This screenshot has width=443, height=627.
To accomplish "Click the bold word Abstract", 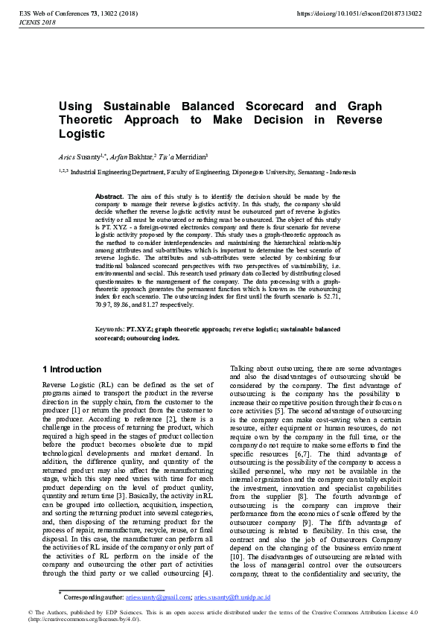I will pyautogui.click(x=110, y=196).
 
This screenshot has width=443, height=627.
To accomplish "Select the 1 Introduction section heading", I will pyautogui.click(x=72, y=369).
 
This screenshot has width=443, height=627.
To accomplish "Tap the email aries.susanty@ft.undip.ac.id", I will pyautogui.click(x=232, y=597).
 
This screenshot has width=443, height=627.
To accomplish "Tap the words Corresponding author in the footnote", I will pyautogui.click(x=92, y=597).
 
